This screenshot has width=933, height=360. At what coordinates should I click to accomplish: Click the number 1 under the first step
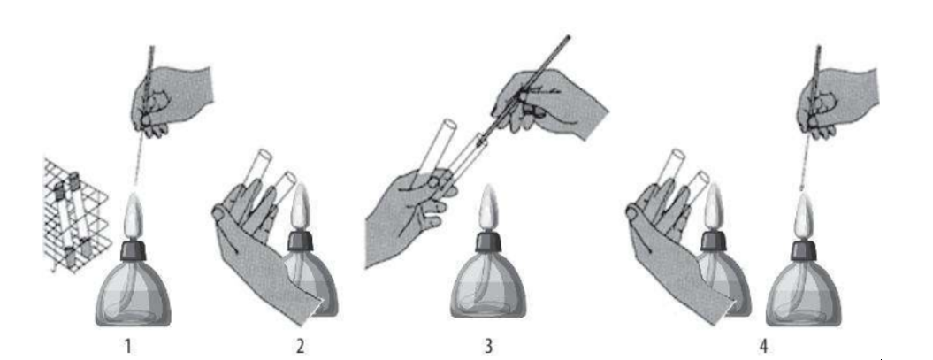128,346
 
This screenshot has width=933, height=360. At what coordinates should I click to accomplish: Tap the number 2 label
301,346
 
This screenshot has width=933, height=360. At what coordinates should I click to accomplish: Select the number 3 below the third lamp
488,346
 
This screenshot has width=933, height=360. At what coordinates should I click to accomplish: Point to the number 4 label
763,346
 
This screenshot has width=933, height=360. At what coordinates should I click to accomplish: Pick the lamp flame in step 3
487,208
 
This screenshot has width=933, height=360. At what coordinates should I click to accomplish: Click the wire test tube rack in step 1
74,213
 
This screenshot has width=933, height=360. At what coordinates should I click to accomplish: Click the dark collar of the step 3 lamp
488,241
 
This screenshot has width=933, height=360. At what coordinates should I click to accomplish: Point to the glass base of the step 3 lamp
488,285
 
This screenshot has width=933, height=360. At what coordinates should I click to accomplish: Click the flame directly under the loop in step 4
801,218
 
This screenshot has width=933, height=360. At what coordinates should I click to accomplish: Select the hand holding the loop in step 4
836,101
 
